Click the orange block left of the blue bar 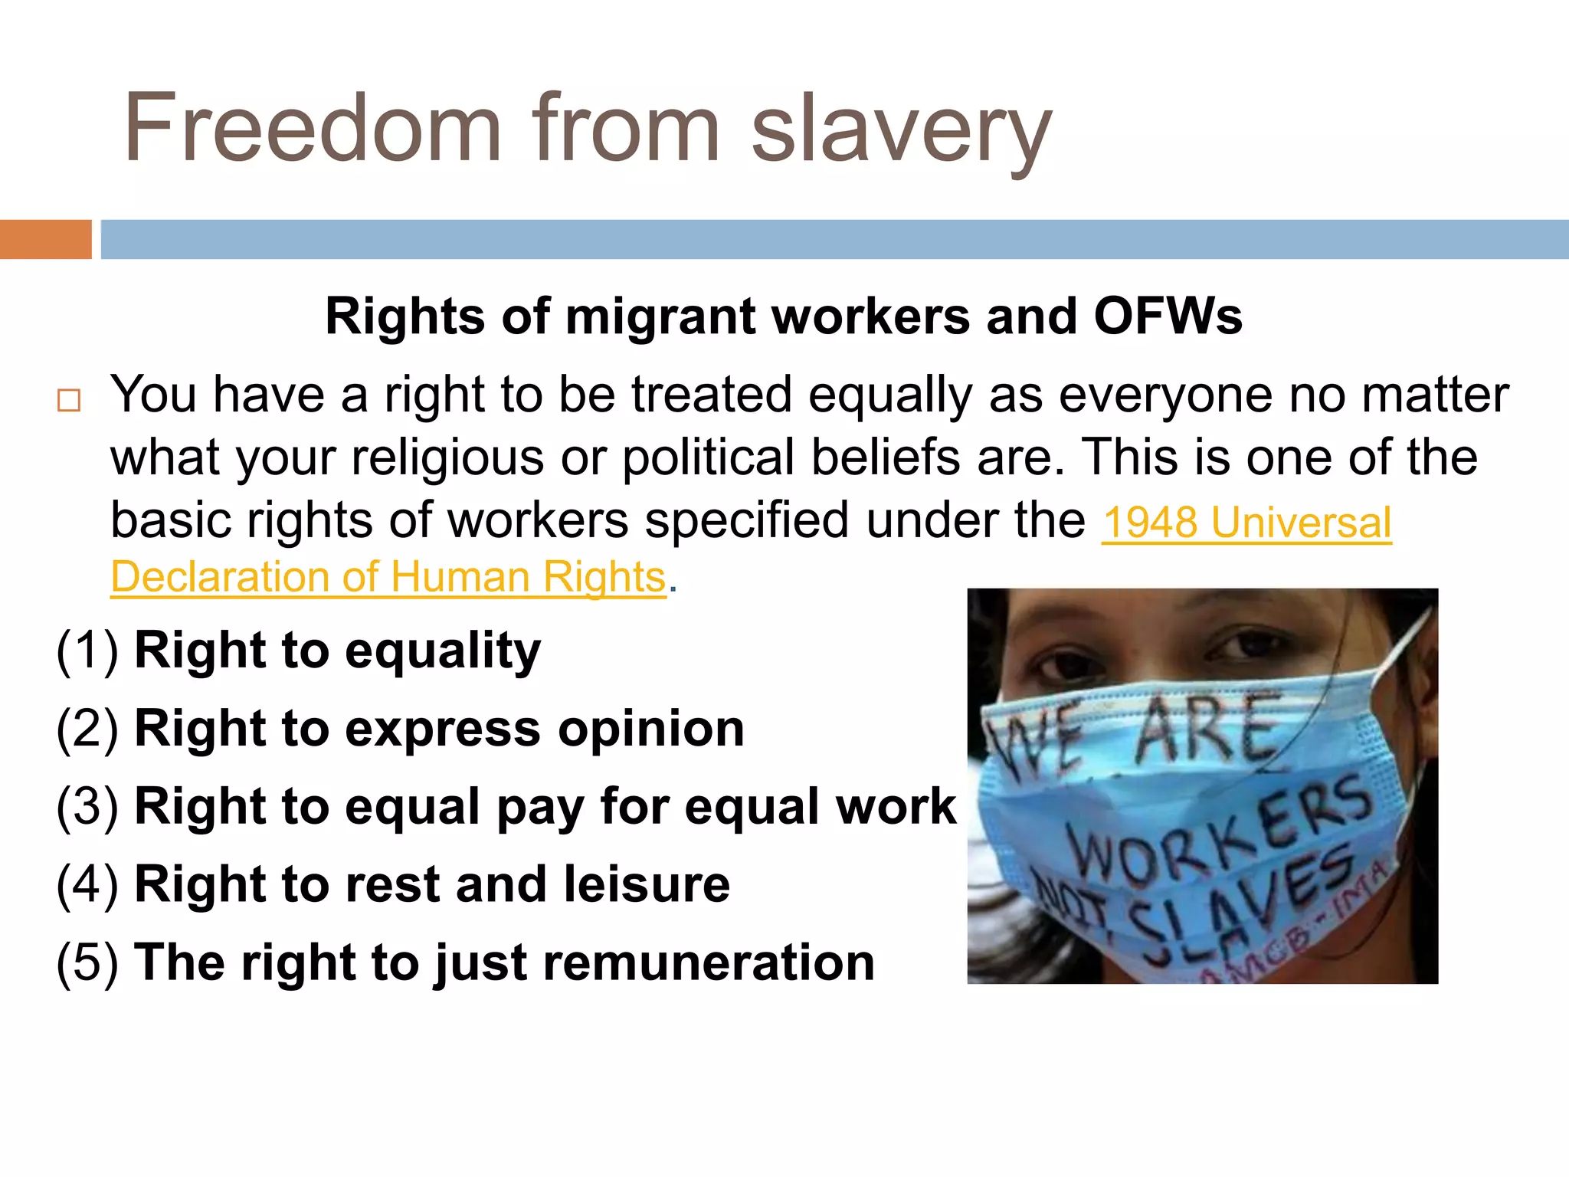(x=45, y=239)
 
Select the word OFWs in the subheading (x=1168, y=316)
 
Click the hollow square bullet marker (x=69, y=400)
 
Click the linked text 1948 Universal (x=1246, y=523)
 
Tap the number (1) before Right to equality (x=87, y=651)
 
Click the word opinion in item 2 (x=650, y=729)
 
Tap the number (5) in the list (x=87, y=962)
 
